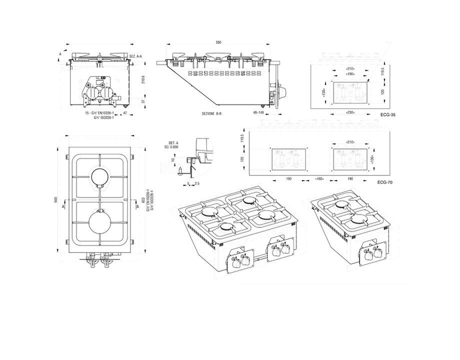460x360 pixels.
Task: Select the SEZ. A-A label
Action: coord(135,56)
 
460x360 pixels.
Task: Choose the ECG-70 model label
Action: coord(384,183)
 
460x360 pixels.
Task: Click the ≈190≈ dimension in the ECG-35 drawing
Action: coord(349,73)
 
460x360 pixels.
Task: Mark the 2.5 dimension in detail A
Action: coord(198,184)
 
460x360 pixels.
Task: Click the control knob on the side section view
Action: coord(283,92)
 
